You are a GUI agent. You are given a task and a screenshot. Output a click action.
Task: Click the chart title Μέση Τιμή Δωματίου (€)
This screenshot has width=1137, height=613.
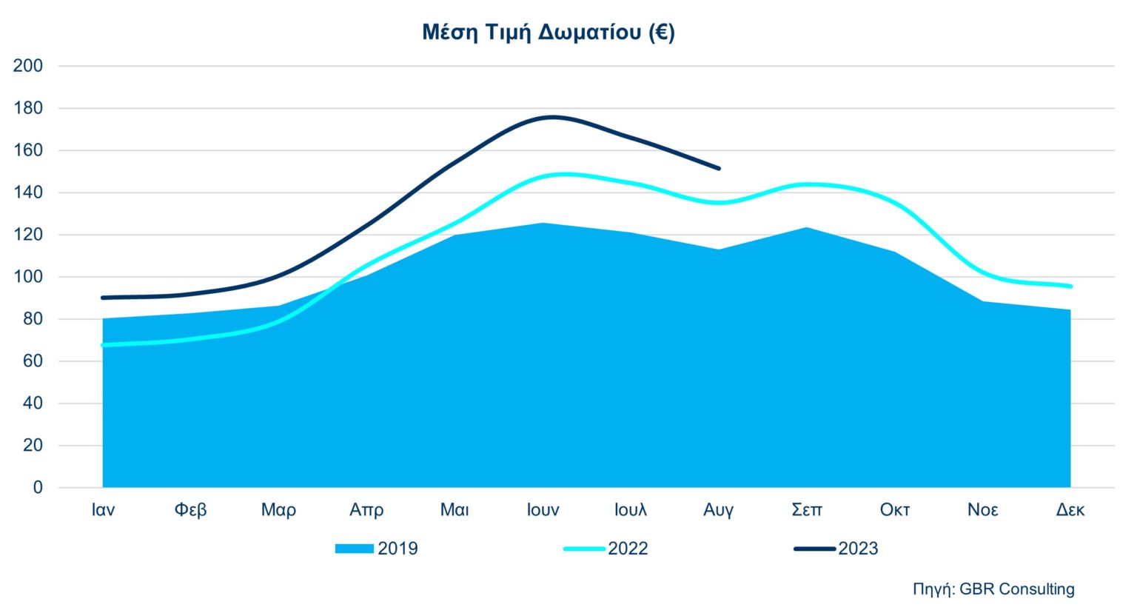coord(549,33)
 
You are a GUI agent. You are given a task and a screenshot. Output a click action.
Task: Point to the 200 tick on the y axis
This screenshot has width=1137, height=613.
coord(28,66)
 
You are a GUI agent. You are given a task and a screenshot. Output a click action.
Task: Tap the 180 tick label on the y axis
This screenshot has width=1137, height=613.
coord(28,108)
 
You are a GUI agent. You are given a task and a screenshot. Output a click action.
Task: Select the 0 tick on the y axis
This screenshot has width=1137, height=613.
coord(38,488)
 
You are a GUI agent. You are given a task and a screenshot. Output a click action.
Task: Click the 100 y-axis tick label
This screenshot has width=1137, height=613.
coord(28,277)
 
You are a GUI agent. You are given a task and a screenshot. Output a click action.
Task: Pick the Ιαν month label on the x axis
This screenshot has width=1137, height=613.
coord(103,510)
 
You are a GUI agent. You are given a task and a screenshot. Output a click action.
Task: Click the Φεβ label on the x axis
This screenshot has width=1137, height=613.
coord(190,510)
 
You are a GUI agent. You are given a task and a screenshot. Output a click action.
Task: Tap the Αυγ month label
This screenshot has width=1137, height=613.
coord(718,510)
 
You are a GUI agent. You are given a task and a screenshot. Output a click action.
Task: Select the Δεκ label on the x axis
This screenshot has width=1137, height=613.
coord(1070,510)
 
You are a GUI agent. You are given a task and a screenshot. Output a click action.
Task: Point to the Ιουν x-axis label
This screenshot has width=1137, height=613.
coord(543,510)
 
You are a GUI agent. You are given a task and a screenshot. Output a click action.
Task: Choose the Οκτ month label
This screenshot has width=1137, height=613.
coord(894,510)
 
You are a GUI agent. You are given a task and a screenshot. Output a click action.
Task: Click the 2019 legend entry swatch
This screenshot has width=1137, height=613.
coord(355,549)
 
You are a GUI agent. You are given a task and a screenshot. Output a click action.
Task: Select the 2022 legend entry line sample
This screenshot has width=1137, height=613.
coord(584,549)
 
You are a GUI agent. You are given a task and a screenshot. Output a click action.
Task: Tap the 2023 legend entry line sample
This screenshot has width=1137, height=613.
coord(814,549)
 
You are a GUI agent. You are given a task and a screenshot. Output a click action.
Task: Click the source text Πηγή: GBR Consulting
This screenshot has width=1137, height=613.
coord(993,589)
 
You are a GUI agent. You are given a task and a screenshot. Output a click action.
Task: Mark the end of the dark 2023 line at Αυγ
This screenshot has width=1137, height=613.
coord(719,169)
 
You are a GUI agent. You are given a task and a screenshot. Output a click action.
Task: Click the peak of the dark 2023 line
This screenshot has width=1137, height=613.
coord(552,117)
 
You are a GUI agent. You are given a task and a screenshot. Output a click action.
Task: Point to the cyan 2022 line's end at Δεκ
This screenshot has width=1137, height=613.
coord(1070,287)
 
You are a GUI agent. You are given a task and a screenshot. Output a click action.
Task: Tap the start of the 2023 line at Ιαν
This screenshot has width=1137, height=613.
coord(103,298)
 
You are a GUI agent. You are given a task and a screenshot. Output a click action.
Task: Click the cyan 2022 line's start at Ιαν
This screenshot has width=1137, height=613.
coord(103,345)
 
